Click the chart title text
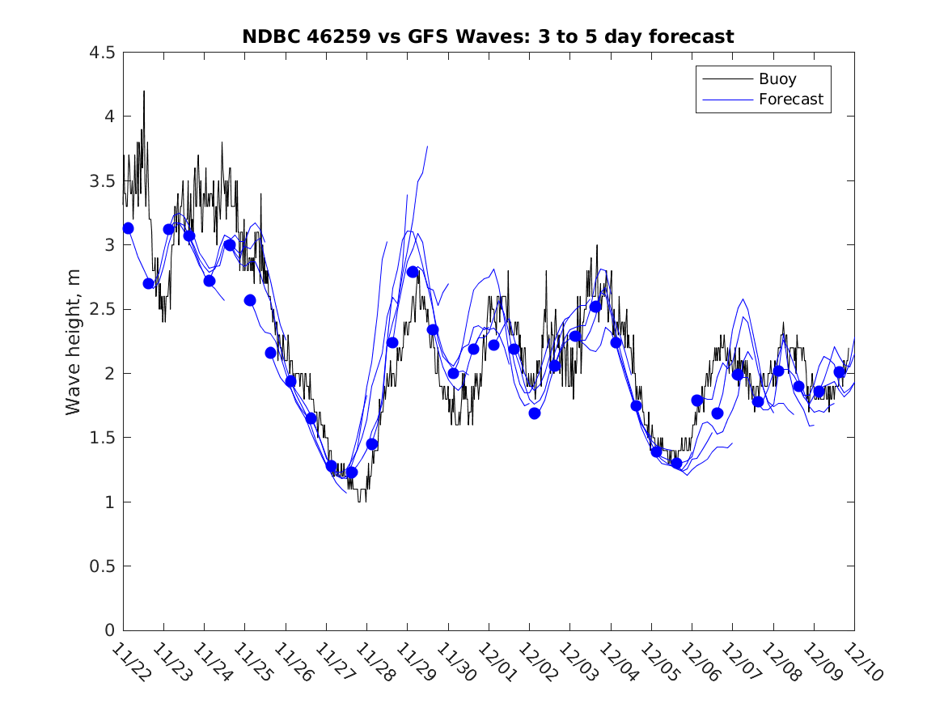(488, 36)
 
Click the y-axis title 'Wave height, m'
(74, 341)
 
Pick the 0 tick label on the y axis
(109, 630)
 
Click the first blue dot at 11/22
(128, 228)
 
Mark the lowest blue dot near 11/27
(351, 472)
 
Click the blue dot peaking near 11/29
(413, 271)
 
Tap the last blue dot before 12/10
(840, 372)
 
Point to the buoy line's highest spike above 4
(144, 91)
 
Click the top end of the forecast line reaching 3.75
(427, 146)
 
